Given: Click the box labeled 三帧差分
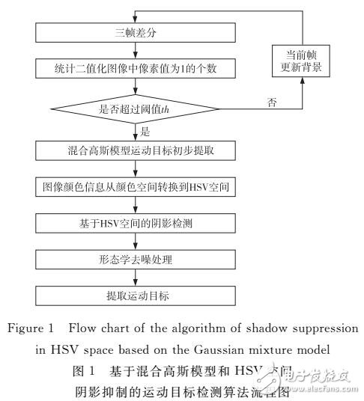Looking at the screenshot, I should click(x=134, y=34).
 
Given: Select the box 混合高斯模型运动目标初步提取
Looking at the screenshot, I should click(x=134, y=149).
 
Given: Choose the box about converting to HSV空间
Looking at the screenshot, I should click(x=134, y=184).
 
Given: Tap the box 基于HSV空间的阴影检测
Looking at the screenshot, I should click(x=134, y=221).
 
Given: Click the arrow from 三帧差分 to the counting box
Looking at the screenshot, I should click(x=134, y=49).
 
